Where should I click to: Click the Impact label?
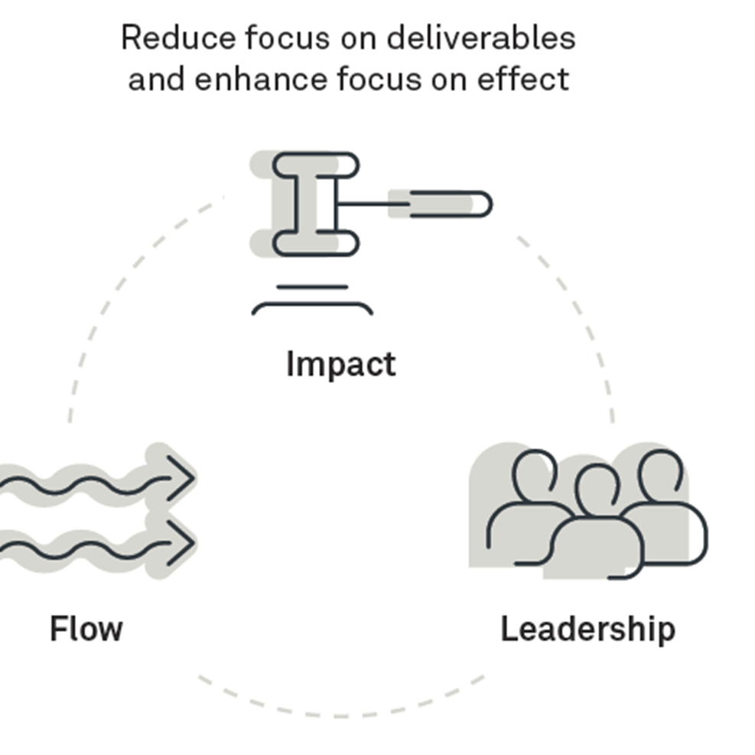340,364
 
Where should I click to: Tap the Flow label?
86,629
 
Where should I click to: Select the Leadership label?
587,629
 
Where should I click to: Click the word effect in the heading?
536,78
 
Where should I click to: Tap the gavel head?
315,203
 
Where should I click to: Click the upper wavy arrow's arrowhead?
181,477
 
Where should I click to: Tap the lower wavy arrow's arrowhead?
181,542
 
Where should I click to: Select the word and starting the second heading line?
156,78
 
